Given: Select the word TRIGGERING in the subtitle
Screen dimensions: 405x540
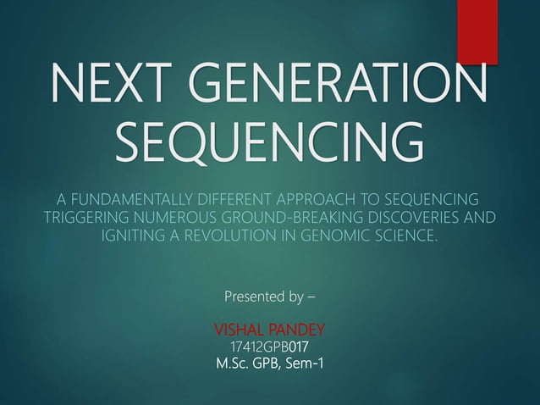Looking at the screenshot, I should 80,217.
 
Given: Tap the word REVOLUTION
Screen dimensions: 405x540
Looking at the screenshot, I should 231,235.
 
